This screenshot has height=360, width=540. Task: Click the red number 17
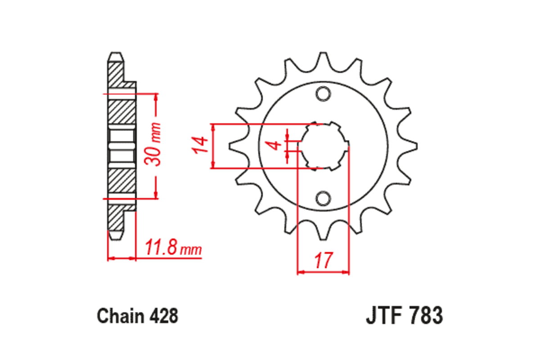coord(323,261)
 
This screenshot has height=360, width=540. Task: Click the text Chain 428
coord(138,315)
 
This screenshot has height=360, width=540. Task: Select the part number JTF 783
coord(404,315)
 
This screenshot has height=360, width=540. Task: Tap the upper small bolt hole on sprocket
coord(323,94)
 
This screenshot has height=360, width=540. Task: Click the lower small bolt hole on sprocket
coord(323,198)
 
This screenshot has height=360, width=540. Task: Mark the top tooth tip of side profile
coord(115,54)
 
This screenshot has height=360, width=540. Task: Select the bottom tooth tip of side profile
coord(115,236)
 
